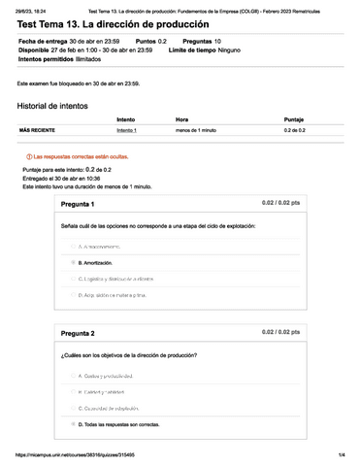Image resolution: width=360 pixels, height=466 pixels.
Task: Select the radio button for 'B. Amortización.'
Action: click(x=73, y=262)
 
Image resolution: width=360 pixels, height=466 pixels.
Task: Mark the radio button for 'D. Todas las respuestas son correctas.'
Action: click(x=73, y=424)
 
